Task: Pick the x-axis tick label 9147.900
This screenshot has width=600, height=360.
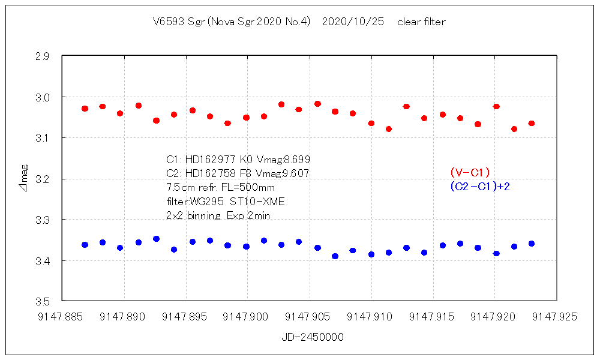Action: coord(247,316)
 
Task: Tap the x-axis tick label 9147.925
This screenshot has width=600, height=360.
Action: coord(556,316)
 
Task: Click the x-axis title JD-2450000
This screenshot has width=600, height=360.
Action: coord(312,337)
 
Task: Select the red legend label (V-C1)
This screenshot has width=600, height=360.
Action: coord(470,173)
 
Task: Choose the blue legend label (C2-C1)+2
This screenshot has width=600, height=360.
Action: coord(480,187)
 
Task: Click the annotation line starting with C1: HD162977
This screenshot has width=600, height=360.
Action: coord(238,160)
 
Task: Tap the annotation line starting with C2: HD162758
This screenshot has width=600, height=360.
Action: coord(238,173)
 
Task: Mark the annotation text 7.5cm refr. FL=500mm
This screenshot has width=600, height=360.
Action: coord(220,187)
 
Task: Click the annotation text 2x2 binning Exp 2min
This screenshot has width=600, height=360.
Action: coord(218,215)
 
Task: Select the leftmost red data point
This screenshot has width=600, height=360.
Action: coord(85,109)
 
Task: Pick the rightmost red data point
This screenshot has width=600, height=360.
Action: coord(532,123)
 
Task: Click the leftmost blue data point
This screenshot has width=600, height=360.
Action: coord(85,245)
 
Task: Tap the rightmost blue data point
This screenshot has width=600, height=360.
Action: coord(532,244)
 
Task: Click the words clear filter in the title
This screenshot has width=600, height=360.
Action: coord(421,22)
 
